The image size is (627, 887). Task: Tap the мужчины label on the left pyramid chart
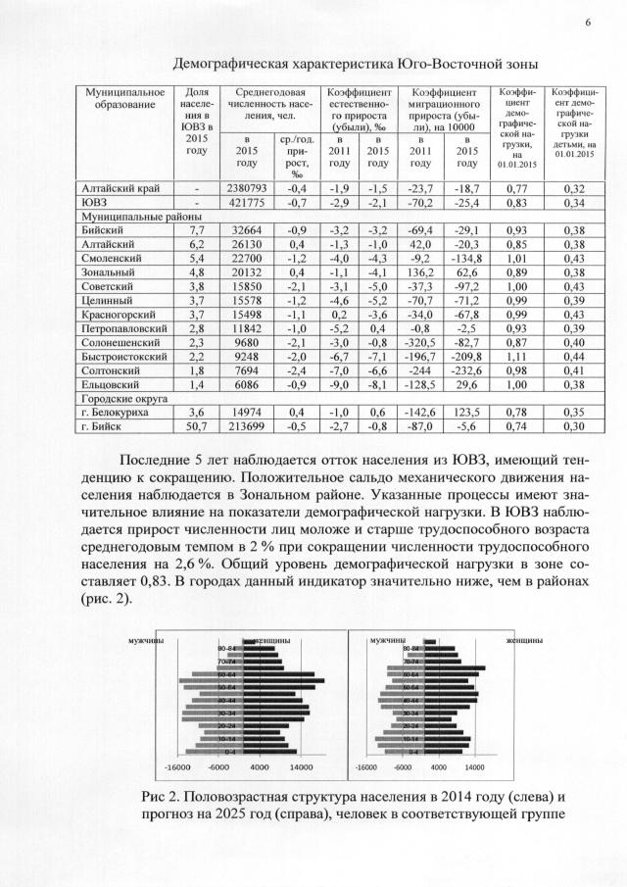point(146,639)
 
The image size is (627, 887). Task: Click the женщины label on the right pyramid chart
point(522,639)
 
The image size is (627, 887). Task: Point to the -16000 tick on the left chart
point(176,766)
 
